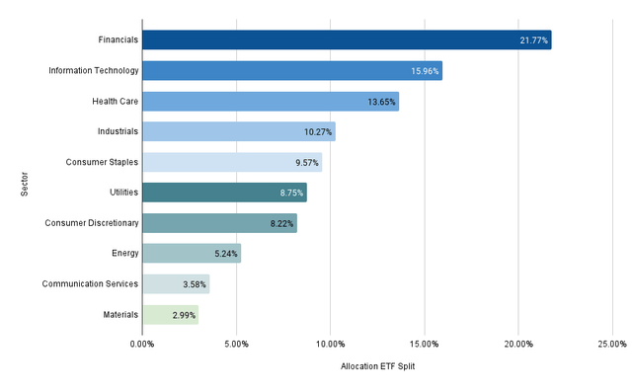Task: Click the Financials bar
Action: coord(346,40)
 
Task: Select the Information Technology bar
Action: coord(291,71)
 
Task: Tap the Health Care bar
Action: coord(270,102)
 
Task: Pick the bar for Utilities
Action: coord(224,193)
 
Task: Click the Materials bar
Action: coord(170,315)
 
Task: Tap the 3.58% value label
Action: coord(195,284)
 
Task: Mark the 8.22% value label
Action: coord(281,223)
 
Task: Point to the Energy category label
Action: coord(124,254)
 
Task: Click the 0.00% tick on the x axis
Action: coord(142,345)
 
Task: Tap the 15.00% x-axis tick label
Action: coord(425,345)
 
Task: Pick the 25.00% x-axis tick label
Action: coord(611,345)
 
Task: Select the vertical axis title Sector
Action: coord(23,178)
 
